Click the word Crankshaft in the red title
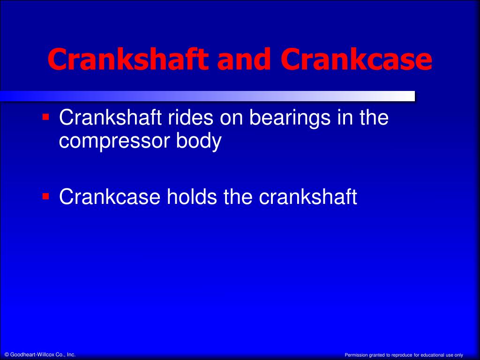128,59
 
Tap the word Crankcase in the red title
356,59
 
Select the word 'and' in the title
244,59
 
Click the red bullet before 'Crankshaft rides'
45,117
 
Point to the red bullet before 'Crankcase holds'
45,196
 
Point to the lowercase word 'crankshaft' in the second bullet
308,196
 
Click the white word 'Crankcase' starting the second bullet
110,196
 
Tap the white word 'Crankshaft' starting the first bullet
110,117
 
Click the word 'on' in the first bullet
232,120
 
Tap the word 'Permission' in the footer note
356,355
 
